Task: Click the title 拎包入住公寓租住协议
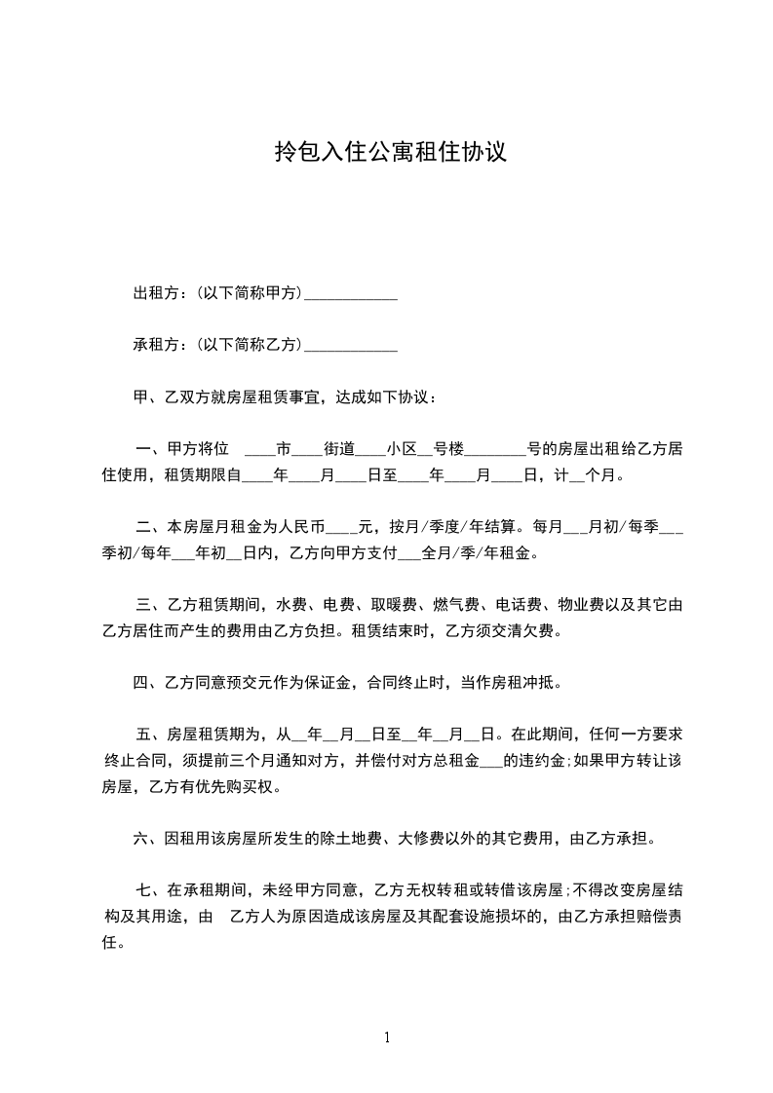[390, 152]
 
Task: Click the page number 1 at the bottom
[387, 1037]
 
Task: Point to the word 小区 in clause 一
[402, 449]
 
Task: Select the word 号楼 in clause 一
[449, 449]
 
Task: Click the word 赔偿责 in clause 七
[658, 917]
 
